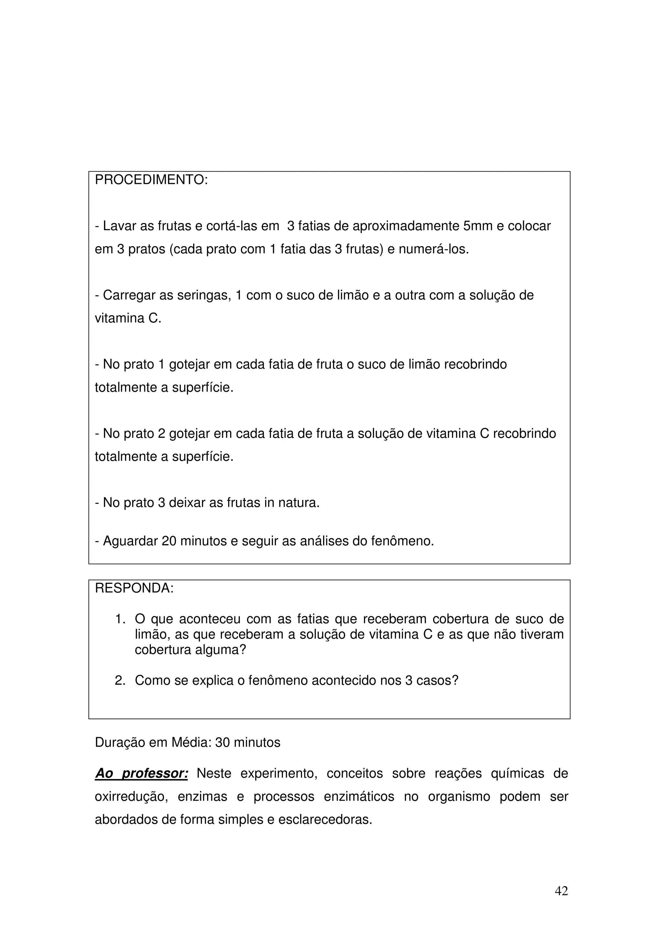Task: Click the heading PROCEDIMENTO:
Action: coord(151,180)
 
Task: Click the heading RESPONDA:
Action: coord(134,588)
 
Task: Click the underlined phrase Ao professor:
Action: coord(141,774)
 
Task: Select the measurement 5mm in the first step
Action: coord(478,226)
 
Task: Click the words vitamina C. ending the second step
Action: coord(128,318)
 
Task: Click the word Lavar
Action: coord(119,226)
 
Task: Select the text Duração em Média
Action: coord(151,742)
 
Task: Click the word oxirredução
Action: coord(131,797)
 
